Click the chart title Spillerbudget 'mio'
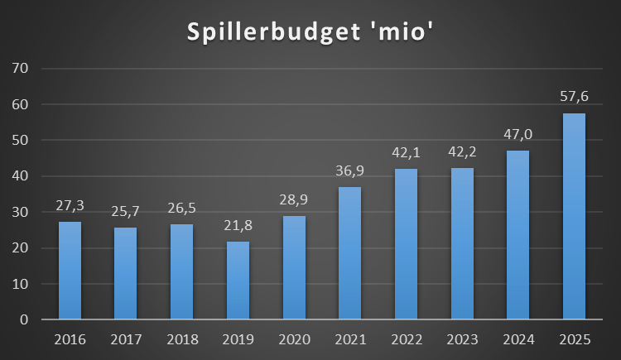[x=310, y=33]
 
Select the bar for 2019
[x=238, y=281]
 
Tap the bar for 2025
[x=574, y=216]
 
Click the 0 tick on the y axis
[x=24, y=319]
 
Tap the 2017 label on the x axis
[x=125, y=338]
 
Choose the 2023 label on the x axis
[x=462, y=338]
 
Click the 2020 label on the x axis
[x=294, y=338]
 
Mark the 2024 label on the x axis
[x=517, y=338]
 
